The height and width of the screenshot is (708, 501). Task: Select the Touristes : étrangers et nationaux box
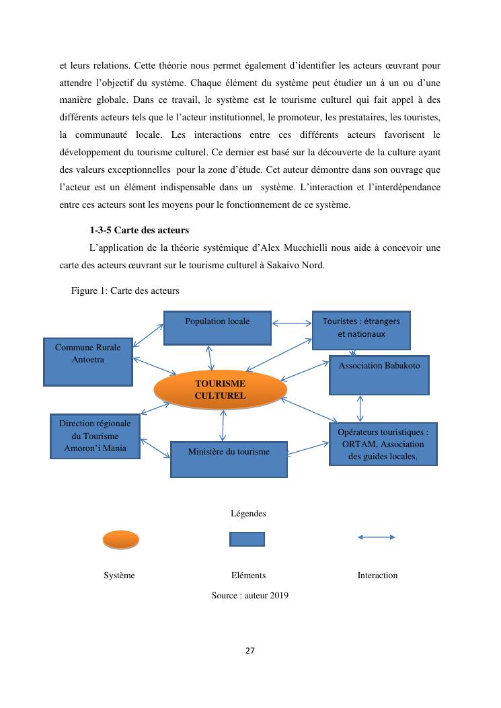tap(361, 329)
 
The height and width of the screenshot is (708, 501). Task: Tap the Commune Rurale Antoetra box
tap(87, 362)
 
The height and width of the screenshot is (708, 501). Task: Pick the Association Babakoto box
tap(379, 375)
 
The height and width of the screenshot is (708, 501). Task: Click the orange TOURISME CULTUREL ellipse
tap(220, 389)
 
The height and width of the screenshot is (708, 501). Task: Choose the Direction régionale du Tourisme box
tap(95, 436)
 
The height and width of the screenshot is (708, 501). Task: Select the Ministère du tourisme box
tap(229, 459)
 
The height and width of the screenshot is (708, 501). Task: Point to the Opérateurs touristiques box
tap(383, 444)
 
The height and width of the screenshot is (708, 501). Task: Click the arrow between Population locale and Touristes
tap(292, 323)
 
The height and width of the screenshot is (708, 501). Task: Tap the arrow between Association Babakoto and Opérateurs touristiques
tap(360, 408)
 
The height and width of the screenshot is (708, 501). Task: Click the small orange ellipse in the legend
tap(121, 539)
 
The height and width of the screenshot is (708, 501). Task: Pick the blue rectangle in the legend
tap(247, 539)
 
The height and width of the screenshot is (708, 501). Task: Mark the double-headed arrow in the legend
tap(376, 537)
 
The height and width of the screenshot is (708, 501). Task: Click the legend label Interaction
tap(377, 576)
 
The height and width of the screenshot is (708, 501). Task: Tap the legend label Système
tap(119, 576)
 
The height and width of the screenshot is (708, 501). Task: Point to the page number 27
tap(250, 651)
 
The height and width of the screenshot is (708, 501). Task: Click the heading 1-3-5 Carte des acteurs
tap(139, 231)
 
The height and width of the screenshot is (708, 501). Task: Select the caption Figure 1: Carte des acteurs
tap(124, 291)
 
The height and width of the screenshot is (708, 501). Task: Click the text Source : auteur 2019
tap(249, 595)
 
